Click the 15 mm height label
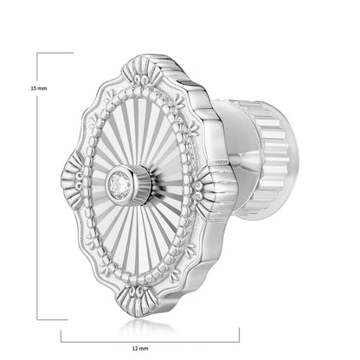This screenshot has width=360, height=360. tap(39, 88)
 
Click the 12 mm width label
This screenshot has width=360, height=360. tap(140, 349)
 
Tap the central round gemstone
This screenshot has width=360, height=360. tap(118, 184)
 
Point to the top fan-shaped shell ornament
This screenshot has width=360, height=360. tap(141, 72)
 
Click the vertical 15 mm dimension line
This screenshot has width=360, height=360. tap(37, 186)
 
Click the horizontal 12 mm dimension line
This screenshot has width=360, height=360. tap(150, 342)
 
